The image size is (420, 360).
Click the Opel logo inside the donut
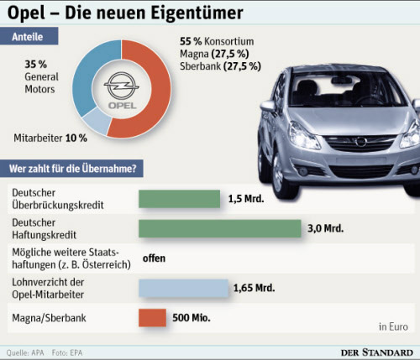click(x=122, y=90)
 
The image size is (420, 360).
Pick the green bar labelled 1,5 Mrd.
click(x=179, y=199)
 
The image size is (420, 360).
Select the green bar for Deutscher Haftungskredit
click(x=220, y=228)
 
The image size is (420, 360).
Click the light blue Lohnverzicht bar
click(x=183, y=288)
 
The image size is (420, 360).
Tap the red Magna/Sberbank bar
click(x=152, y=318)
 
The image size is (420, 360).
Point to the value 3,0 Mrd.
click(x=325, y=228)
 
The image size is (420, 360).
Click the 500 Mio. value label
click(x=192, y=318)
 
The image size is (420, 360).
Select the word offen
click(x=154, y=258)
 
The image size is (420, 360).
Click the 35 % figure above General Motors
click(x=36, y=65)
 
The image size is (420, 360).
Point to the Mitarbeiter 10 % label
click(x=50, y=138)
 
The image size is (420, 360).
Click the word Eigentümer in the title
click(x=197, y=13)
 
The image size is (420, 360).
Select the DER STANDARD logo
click(x=377, y=352)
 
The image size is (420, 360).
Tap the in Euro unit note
click(x=393, y=326)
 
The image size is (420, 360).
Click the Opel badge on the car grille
click(x=361, y=142)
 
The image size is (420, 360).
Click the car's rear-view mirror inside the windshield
click(x=341, y=81)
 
